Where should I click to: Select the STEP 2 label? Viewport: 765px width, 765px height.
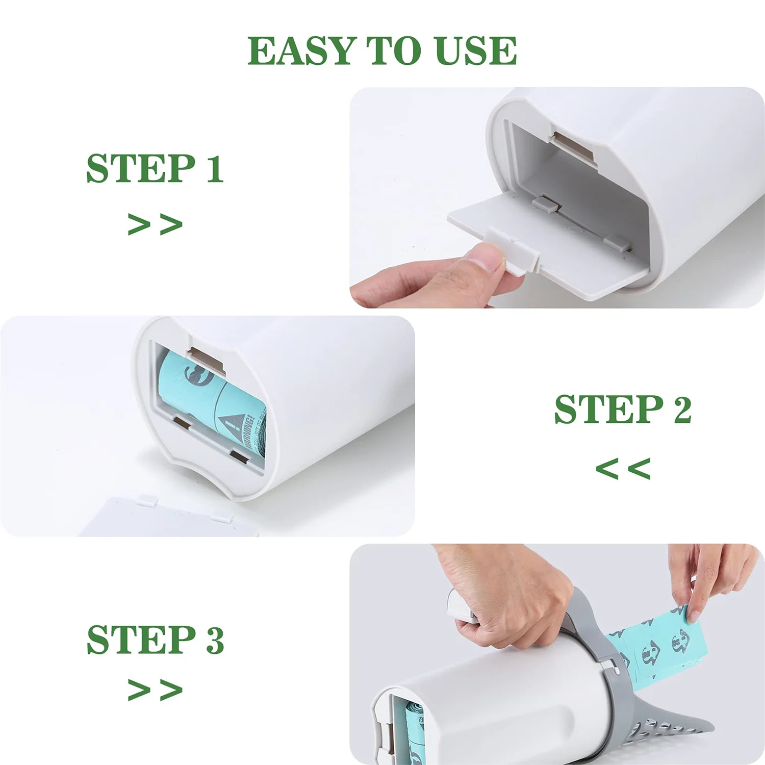pos(623,410)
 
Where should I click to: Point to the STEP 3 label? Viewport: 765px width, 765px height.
pos(155,640)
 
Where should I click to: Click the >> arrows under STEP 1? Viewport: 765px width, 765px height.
pos(155,224)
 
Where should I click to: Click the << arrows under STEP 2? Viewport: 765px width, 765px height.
pos(623,468)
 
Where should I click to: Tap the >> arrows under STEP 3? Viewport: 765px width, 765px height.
pos(155,690)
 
